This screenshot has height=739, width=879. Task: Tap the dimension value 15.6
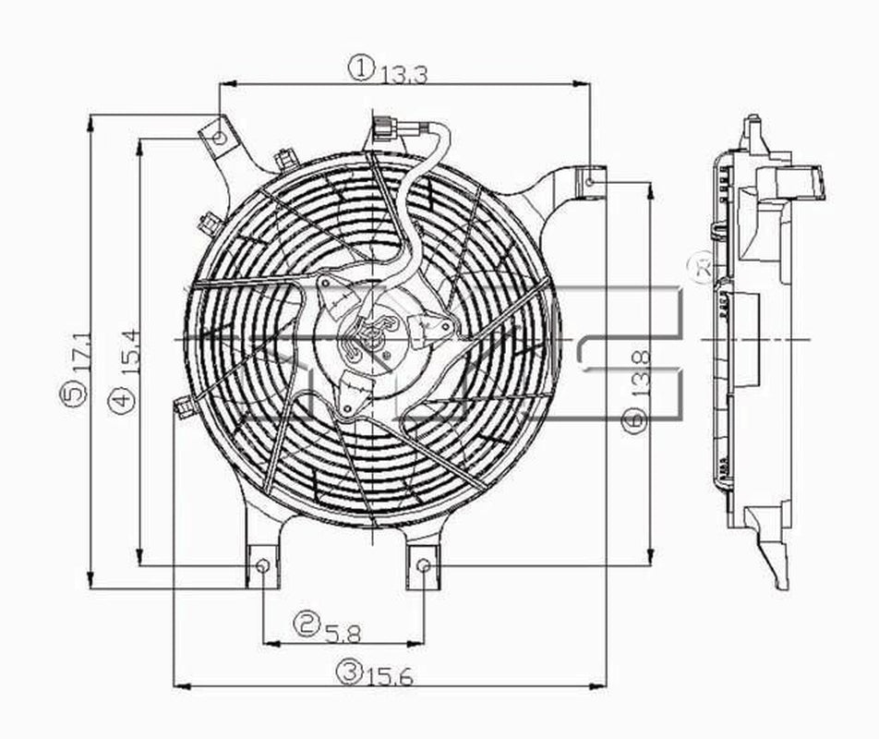390,676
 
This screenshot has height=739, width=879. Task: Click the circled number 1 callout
360,67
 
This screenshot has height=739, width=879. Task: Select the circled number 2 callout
307,625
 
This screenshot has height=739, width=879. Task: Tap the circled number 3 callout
348,673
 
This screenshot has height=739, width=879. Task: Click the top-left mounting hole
219,139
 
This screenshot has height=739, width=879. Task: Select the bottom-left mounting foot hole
263,565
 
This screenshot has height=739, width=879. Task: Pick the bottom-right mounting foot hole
424,565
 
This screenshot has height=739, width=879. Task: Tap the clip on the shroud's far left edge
185,405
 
